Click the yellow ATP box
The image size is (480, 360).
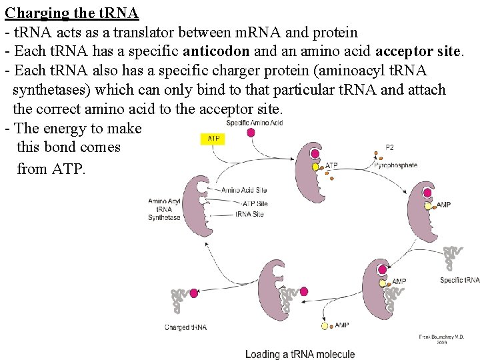click(x=213, y=139)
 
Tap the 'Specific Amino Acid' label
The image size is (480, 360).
click(x=254, y=123)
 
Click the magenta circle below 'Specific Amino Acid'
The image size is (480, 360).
click(x=251, y=133)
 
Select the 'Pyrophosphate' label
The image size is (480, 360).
click(x=395, y=165)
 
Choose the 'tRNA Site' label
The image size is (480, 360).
click(x=249, y=214)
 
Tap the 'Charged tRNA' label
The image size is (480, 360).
click(x=185, y=327)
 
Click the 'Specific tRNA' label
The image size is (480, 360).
click(x=459, y=280)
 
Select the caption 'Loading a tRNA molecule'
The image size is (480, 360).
click(x=299, y=354)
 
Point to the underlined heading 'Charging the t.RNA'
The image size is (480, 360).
click(x=71, y=13)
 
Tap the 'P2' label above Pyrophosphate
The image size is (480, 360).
click(x=390, y=147)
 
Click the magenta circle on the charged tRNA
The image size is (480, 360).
click(x=194, y=293)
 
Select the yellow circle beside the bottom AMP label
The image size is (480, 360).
click(x=325, y=327)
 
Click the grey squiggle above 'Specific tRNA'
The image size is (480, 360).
click(x=453, y=257)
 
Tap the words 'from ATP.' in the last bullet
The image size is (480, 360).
click(x=51, y=169)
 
